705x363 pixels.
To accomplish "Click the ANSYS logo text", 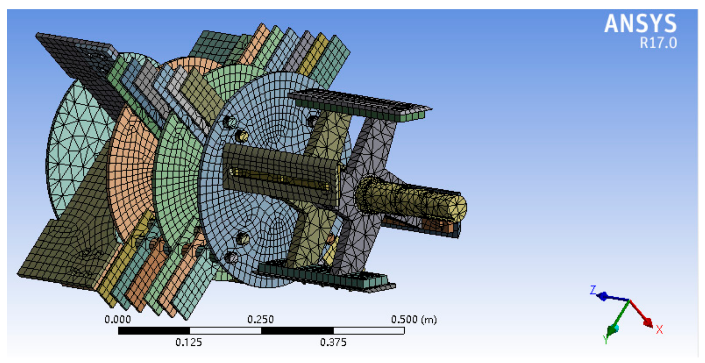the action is pos(640,24).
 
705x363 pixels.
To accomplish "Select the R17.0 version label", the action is pos(658,43).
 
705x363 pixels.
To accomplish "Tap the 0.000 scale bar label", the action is pos(118,319).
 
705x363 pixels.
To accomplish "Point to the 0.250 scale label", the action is pos(260,319).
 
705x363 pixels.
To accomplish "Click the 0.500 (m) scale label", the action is pos(414,319).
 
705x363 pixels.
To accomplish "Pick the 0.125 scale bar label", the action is pos(189,342).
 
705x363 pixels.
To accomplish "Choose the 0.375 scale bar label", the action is pos(333,342).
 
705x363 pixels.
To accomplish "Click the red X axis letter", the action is pos(659,329).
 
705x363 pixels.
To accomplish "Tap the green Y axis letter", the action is pos(606,340).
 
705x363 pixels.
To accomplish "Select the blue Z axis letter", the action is pos(593,290).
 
